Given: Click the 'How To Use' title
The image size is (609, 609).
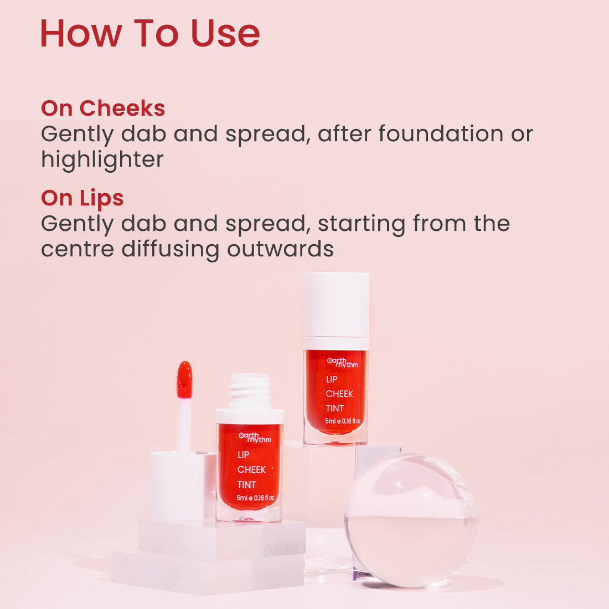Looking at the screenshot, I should pos(149,33).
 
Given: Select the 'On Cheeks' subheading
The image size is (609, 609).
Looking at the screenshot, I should pos(103,108).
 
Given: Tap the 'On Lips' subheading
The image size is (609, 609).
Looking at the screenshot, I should pos(82,198).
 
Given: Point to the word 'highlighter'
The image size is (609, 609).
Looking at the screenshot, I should pos(102,159).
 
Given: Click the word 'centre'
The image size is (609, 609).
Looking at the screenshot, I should pos(78,249).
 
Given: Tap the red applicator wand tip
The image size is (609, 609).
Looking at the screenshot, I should pos(184,379).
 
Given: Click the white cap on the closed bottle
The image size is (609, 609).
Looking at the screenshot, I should pos(336,304).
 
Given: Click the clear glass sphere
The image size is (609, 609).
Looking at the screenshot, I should pos(411,520).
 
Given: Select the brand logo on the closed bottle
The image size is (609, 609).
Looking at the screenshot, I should pos(342,363).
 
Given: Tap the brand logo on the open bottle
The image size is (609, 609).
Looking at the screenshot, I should pos(255,437).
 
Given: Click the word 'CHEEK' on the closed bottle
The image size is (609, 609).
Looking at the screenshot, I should pos(339,394).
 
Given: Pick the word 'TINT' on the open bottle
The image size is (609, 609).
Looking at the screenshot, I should pos(246,484).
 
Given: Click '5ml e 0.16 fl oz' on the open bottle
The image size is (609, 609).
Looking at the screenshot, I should pos(255,498).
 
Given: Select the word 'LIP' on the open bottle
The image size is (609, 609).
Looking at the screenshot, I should pos(243,455).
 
